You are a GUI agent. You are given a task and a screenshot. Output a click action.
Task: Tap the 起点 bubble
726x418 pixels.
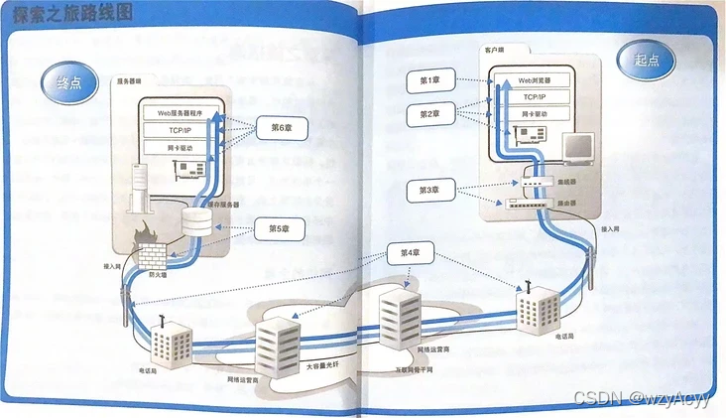649,59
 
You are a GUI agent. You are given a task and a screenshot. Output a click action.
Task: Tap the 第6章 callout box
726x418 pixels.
279,127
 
